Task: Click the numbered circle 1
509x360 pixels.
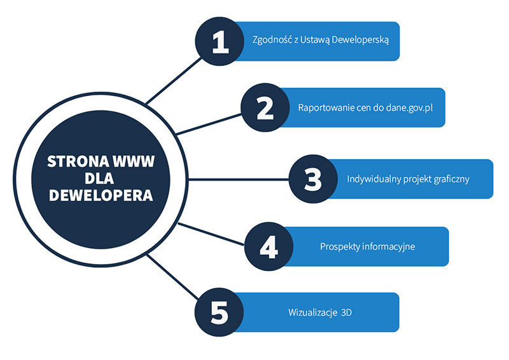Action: tap(220, 41)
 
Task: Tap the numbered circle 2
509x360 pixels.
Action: tap(265, 107)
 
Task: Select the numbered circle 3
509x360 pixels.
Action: tap(313, 179)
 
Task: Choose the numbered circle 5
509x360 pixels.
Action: tap(219, 312)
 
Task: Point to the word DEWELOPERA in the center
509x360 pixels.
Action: tap(101, 195)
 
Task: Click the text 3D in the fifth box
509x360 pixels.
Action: tap(346, 313)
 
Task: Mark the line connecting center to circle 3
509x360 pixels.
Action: tap(242, 179)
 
